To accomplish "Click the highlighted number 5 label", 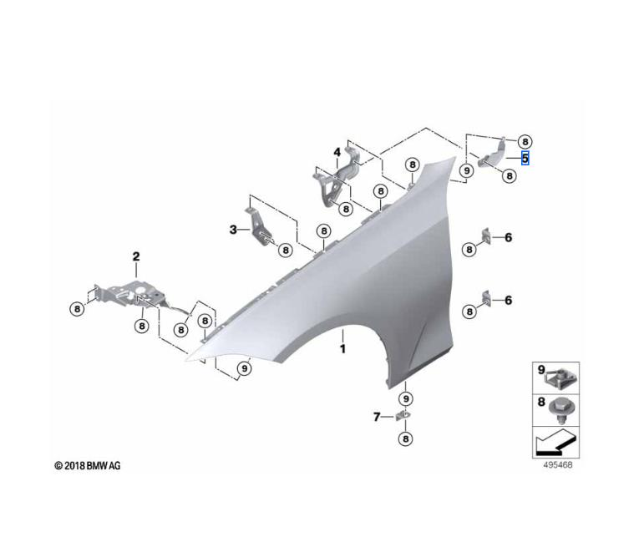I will pyautogui.click(x=525, y=157).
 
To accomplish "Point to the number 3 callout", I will pyautogui.click(x=234, y=229).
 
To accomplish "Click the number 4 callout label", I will pyautogui.click(x=337, y=152).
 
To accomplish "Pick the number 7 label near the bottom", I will pyautogui.click(x=377, y=417).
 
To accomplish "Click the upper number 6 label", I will pyautogui.click(x=508, y=238).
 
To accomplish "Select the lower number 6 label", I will pyautogui.click(x=508, y=300).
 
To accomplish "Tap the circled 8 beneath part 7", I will pyautogui.click(x=405, y=438).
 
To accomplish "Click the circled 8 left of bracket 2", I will pyautogui.click(x=77, y=308).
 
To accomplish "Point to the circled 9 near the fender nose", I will pyautogui.click(x=243, y=367).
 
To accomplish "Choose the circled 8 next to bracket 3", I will pyautogui.click(x=284, y=249).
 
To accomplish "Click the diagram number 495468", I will pyautogui.click(x=557, y=464).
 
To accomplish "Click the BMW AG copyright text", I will pyautogui.click(x=87, y=465).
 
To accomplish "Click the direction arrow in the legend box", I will pyautogui.click(x=555, y=441).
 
